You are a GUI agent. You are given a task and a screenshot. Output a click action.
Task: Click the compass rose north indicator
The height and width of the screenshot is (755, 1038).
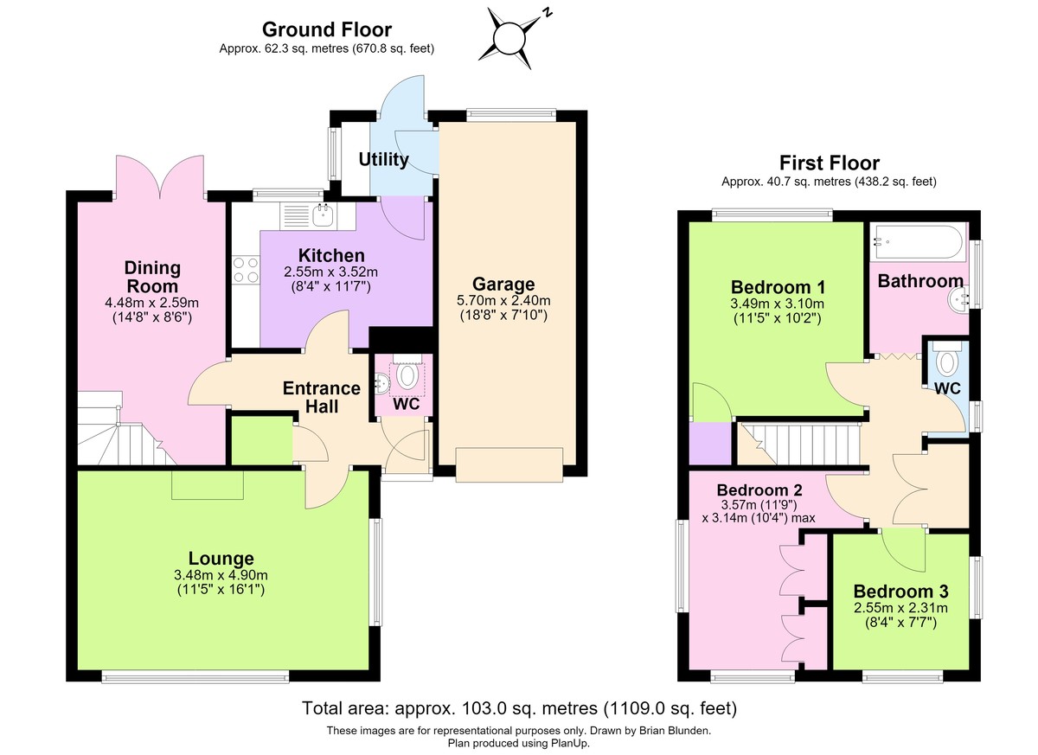tap(547, 12)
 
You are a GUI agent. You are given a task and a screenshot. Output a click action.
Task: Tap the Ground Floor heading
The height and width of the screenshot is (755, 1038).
tap(327, 29)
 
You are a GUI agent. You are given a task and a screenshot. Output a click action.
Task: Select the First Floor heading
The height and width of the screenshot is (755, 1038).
tap(829, 163)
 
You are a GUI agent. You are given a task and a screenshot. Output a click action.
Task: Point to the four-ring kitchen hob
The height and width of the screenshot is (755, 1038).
tap(246, 270)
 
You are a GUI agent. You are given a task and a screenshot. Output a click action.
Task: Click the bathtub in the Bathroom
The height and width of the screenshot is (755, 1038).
tap(918, 242)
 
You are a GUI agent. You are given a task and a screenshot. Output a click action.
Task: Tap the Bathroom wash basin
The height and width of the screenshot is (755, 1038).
tap(958, 298)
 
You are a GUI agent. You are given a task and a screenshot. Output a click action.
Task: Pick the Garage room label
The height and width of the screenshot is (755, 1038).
tap(503, 284)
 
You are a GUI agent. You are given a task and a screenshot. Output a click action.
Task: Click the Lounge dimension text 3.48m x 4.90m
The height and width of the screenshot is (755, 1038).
tap(221, 575)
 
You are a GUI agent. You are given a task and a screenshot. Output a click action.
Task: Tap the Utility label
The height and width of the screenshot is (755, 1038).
tap(384, 159)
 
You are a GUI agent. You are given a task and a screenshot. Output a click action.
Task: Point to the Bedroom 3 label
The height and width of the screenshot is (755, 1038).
tap(900, 592)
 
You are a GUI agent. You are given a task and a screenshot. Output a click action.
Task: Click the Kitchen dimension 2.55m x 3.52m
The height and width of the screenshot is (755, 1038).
tap(330, 272)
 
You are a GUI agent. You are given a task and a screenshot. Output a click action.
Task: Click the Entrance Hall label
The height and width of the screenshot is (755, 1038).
tap(322, 398)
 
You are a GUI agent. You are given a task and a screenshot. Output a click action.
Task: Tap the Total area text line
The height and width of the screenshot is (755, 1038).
tap(519, 708)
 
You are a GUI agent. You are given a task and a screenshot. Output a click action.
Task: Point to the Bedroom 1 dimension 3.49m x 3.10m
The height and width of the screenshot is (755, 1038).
tap(777, 304)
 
